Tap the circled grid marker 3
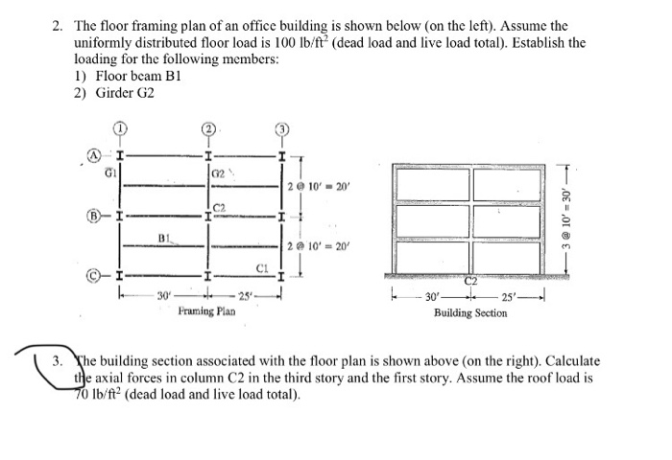(x=280, y=131)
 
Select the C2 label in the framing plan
(x=218, y=205)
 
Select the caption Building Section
(x=469, y=312)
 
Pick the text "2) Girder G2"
(x=113, y=93)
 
